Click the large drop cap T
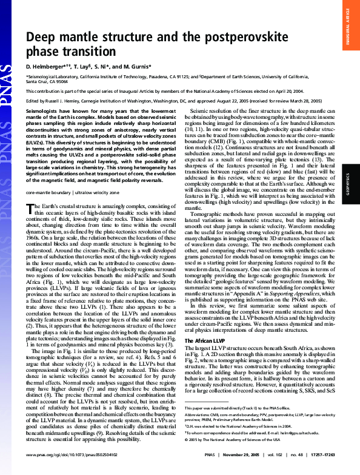click(31, 209)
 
